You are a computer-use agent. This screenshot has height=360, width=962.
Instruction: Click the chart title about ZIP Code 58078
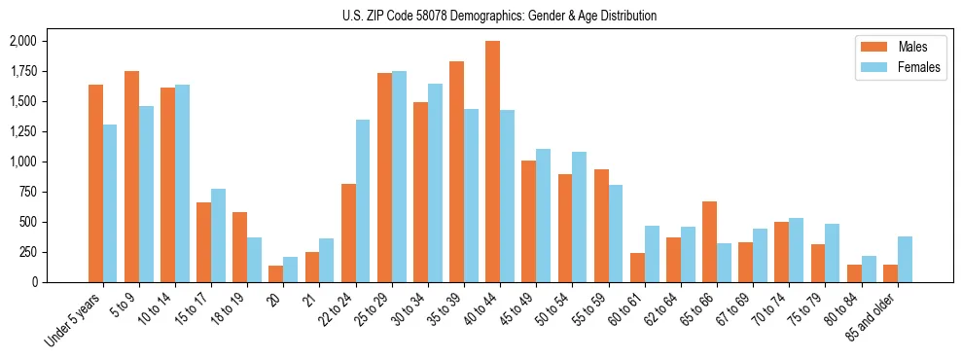click(x=500, y=16)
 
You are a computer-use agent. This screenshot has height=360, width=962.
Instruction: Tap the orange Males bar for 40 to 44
click(x=492, y=162)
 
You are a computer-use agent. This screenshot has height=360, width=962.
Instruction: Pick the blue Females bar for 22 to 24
click(x=363, y=200)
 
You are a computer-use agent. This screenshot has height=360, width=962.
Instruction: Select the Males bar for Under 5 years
click(x=95, y=183)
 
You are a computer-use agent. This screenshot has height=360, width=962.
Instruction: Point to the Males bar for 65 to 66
click(x=709, y=241)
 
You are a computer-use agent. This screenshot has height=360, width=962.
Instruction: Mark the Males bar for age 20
click(x=276, y=273)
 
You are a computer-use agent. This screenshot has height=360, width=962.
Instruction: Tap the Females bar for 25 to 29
click(x=399, y=176)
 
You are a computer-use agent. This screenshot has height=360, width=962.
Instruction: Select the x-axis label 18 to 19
click(x=228, y=306)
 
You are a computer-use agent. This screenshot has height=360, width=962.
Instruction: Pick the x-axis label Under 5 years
click(x=74, y=318)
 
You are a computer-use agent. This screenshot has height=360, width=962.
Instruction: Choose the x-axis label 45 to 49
click(x=516, y=306)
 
